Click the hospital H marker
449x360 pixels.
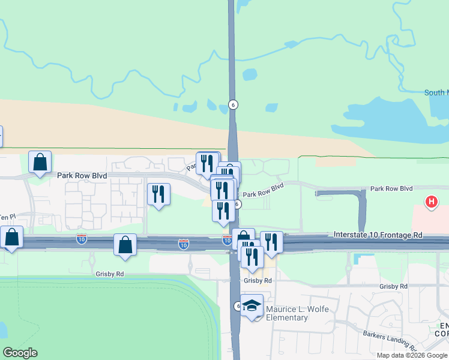(430, 202)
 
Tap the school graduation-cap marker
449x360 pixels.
(252, 306)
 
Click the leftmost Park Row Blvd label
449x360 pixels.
(82, 176)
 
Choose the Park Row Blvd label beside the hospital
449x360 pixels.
(391, 188)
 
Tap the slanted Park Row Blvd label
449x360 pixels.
(263, 191)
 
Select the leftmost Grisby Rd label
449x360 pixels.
(110, 274)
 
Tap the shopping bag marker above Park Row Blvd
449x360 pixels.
(40, 161)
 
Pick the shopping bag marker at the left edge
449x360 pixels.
(12, 237)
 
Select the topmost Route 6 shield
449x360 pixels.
(234, 104)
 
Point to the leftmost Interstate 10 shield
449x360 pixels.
(82, 239)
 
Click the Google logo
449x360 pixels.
(20, 353)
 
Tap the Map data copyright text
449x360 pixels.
(412, 355)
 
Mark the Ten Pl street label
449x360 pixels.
(6, 217)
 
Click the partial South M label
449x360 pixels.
(436, 92)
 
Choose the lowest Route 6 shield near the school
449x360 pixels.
(238, 307)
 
